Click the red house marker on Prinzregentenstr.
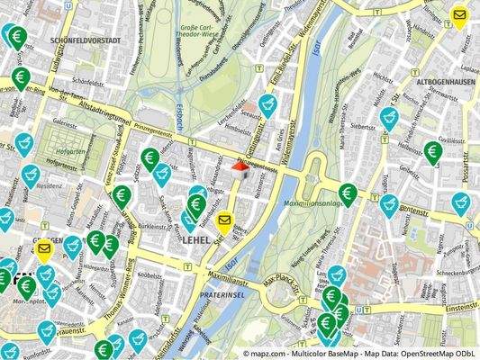241,166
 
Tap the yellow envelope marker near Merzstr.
459,16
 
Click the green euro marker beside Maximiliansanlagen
348,193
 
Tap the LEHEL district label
195,241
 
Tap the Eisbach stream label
180,121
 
